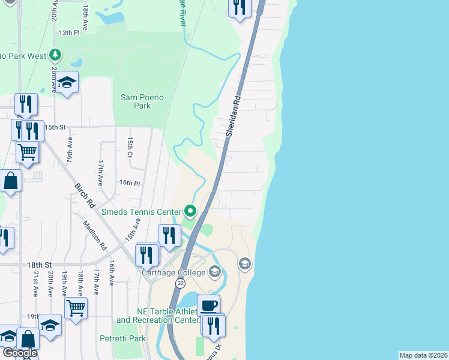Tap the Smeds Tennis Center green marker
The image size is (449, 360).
[190, 211]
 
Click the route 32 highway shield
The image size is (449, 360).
[180, 283]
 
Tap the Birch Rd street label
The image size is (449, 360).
[85, 195]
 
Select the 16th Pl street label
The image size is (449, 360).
[129, 183]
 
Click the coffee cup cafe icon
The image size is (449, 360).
[208, 305]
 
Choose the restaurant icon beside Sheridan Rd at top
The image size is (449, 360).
[238, 8]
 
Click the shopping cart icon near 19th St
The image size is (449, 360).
[76, 308]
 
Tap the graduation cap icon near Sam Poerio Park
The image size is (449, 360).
[67, 82]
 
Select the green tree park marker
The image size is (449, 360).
[55, 55]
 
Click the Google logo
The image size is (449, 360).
[19, 353]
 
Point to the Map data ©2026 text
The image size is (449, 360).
[423, 355]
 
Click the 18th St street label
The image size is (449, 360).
[40, 265]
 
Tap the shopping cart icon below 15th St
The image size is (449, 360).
[28, 151]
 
